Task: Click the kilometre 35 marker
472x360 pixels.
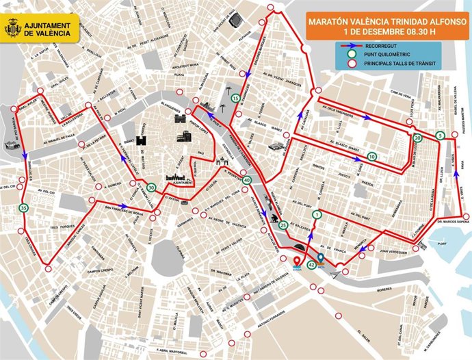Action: [x=24, y=208]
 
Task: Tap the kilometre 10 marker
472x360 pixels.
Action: [x=371, y=156]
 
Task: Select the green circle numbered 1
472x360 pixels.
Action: [x=316, y=215]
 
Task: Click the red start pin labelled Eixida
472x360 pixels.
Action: [x=297, y=262]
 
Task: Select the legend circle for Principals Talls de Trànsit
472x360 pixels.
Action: [x=352, y=64]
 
